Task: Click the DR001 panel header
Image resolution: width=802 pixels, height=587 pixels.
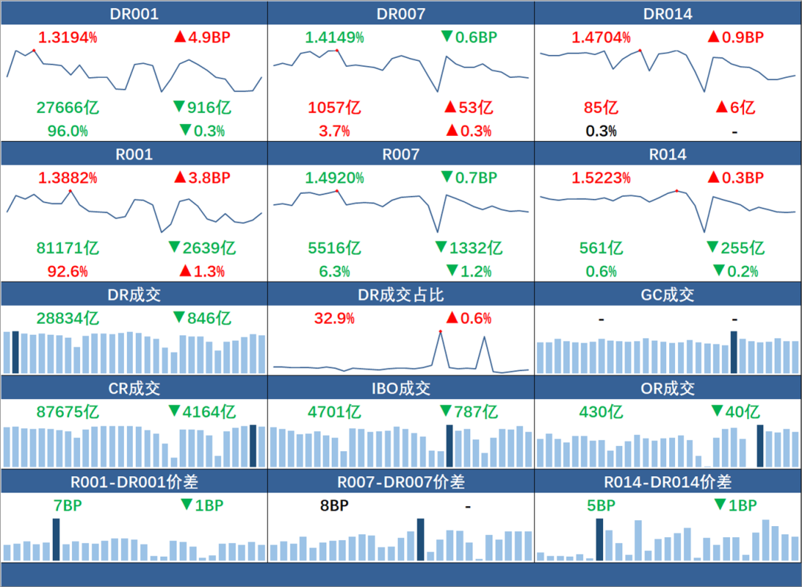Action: tap(134, 14)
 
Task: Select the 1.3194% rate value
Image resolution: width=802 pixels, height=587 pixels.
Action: tap(68, 37)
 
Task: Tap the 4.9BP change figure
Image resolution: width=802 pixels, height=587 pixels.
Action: tap(202, 37)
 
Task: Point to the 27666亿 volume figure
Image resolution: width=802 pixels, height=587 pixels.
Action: tap(68, 108)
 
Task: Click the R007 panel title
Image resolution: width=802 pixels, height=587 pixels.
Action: tap(401, 155)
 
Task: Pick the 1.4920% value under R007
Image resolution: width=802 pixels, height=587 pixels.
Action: tap(335, 178)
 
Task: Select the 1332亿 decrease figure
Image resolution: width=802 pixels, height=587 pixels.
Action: tap(469, 248)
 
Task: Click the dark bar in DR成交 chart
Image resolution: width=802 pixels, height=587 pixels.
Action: tap(16, 352)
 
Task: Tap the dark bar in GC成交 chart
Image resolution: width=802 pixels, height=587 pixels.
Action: tap(734, 352)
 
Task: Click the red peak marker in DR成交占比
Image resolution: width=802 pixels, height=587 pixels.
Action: tap(440, 331)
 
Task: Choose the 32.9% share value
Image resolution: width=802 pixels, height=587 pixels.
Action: tap(334, 319)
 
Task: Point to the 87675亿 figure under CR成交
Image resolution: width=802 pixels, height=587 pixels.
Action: tap(68, 412)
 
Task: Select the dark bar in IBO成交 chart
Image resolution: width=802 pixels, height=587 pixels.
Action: tap(449, 446)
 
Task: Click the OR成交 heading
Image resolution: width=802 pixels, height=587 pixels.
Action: tap(668, 389)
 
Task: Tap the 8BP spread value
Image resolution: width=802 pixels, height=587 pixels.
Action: tap(334, 506)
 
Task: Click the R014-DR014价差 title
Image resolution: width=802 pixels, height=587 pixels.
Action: tap(668, 482)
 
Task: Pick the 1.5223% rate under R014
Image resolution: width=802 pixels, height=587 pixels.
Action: tap(601, 178)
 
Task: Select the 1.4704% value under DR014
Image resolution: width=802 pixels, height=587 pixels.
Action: tap(601, 37)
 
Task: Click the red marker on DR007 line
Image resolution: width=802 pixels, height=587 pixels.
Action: tap(337, 51)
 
